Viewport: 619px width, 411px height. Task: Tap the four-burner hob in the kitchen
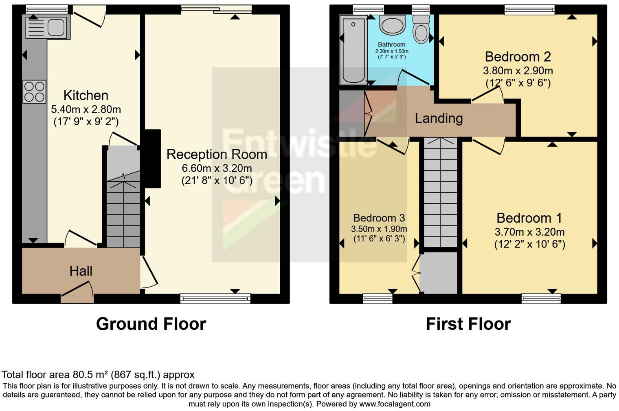click(35, 92)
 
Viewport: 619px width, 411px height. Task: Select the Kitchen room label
click(86, 95)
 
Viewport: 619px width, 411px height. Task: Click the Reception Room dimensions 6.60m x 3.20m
click(217, 168)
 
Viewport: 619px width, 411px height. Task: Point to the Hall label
click(81, 271)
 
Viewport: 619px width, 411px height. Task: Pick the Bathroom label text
click(391, 44)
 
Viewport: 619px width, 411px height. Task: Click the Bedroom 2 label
click(518, 56)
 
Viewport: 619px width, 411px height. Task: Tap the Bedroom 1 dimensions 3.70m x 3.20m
click(529, 232)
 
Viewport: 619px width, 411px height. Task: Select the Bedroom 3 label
click(379, 218)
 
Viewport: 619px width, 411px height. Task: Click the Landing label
click(439, 118)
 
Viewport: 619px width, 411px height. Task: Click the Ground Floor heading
click(151, 324)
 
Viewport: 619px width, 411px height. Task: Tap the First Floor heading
click(468, 324)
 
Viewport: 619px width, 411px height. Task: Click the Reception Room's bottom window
click(215, 298)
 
